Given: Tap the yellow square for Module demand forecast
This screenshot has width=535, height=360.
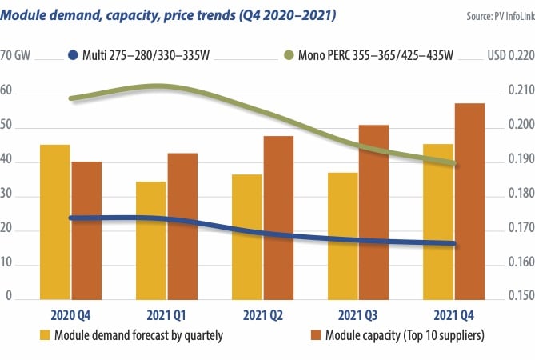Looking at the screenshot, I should (46, 334).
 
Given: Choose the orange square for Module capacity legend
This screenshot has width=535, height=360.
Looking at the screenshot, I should (315, 334).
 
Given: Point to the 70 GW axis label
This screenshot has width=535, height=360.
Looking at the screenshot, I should (18, 56).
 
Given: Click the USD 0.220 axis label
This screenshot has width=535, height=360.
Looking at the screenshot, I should (509, 56).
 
